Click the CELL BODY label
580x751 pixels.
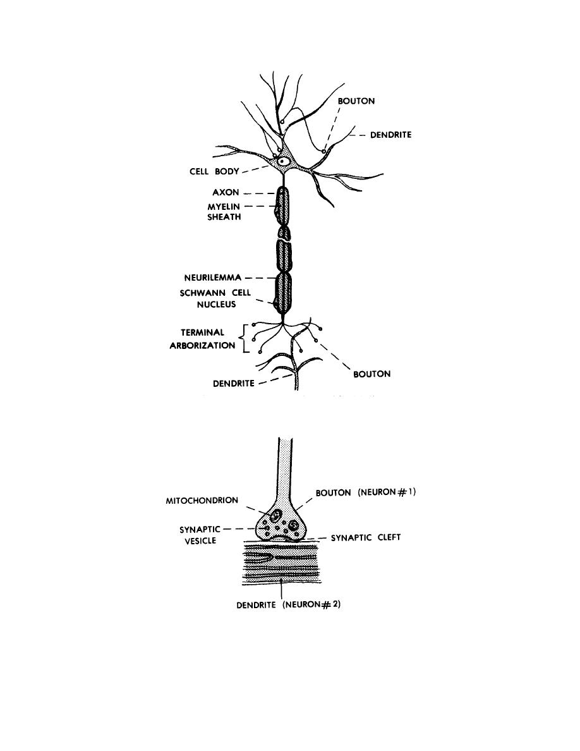[214, 171]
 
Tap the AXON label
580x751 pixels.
[226, 193]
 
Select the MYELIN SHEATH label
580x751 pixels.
[224, 212]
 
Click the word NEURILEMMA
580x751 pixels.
[213, 278]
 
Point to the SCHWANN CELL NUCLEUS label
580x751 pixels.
[215, 298]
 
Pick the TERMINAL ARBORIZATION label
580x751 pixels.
[202, 339]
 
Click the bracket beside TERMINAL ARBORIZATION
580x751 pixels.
[246, 339]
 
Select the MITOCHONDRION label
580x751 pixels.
[202, 501]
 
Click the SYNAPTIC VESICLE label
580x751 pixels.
[200, 535]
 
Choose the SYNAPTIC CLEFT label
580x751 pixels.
[366, 538]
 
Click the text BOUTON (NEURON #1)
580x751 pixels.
[366, 492]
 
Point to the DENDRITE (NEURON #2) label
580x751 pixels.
[289, 605]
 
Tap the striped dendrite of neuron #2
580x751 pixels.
[281, 564]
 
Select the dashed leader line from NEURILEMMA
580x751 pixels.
[254, 278]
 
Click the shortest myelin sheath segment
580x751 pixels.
[285, 233]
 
